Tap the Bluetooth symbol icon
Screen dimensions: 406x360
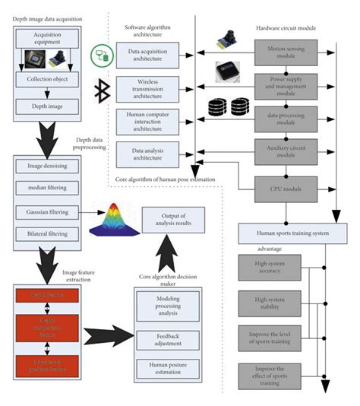point(99,92)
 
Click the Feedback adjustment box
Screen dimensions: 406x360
point(167,338)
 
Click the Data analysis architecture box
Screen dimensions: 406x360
point(147,153)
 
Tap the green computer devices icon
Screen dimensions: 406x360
point(101,54)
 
